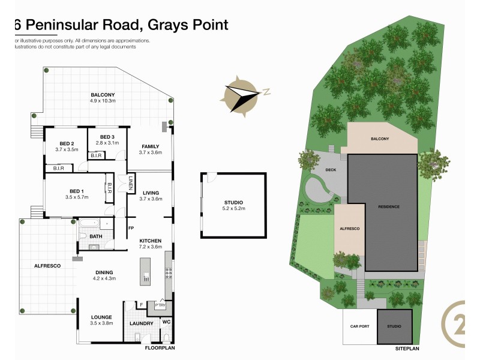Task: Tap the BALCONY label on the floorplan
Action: [x=103, y=95]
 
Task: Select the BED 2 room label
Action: [x=67, y=143]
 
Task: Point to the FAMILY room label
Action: [x=150, y=146]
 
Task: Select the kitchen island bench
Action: [x=145, y=271]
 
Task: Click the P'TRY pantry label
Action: [x=160, y=305]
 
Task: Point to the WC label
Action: [x=166, y=322]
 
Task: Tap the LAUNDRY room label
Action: [x=142, y=324]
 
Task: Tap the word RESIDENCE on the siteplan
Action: [x=389, y=206]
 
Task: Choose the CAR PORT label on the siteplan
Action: [x=359, y=327]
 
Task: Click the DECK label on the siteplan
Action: [x=330, y=170]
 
